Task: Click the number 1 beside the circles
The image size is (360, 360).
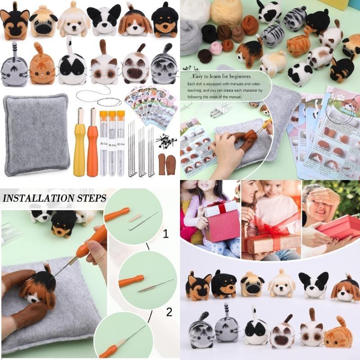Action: (x=166, y=234)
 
